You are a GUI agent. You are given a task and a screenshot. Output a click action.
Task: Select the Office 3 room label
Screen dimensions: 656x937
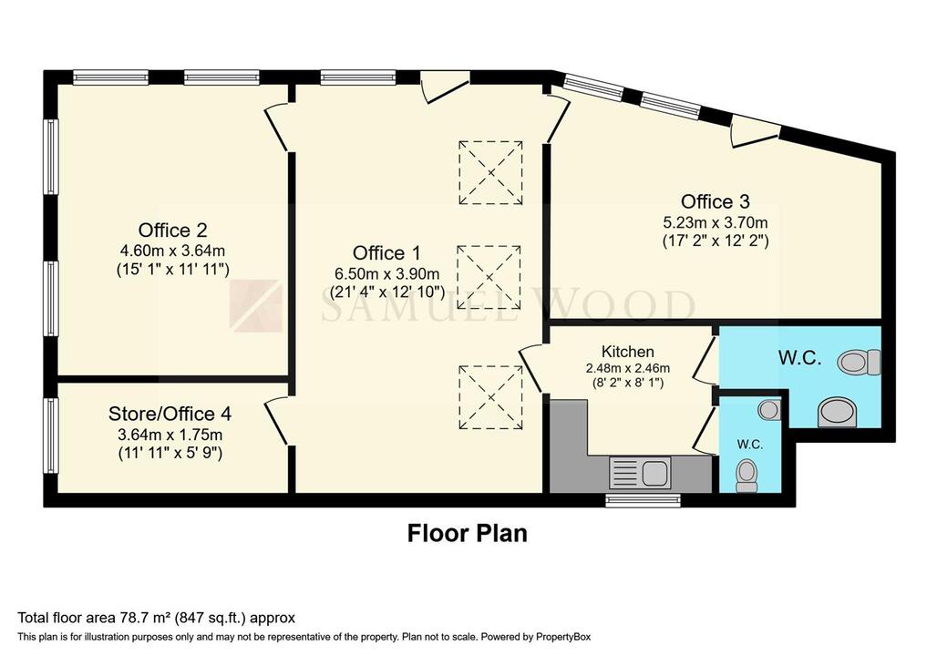pos(715,201)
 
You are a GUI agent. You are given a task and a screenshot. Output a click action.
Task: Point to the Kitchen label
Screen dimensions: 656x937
pos(627,352)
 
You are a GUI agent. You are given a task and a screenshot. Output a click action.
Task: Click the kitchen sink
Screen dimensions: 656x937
pos(654,473)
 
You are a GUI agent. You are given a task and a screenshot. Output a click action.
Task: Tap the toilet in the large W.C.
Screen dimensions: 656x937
pos(860,363)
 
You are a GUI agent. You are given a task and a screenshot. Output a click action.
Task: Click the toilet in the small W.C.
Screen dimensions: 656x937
pos(747,474)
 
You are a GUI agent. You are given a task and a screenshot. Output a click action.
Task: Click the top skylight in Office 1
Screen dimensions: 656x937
pos(490,172)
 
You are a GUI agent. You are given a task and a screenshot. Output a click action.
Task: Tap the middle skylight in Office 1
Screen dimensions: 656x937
pos(490,278)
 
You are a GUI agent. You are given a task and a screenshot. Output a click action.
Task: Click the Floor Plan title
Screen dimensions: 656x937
pos(467,533)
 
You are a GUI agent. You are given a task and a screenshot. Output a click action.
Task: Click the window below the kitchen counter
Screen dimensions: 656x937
pos(643,500)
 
